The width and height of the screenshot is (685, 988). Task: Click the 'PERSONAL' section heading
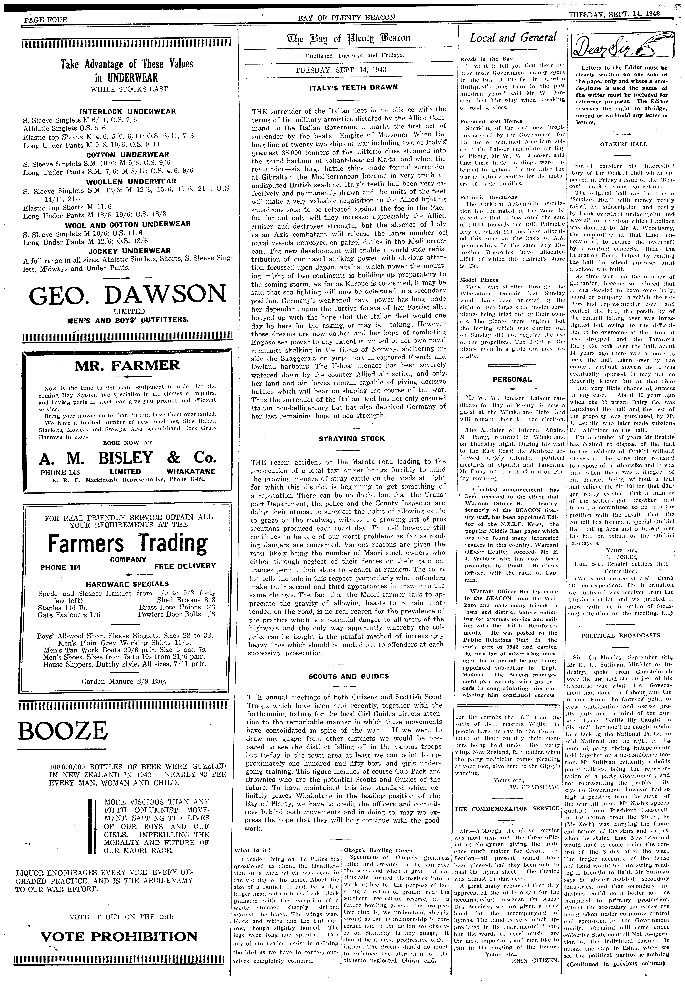pos(512,380)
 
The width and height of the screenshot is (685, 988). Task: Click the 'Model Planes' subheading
pos(473,280)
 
